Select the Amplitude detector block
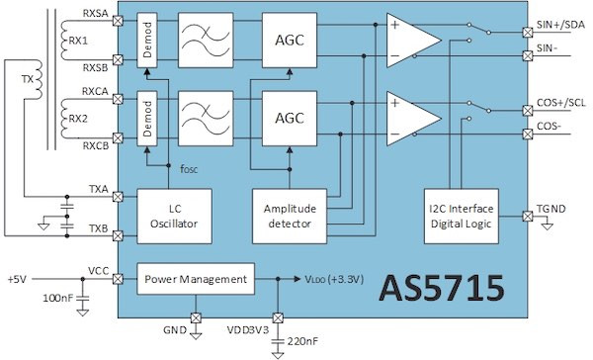click(288, 215)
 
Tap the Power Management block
click(196, 280)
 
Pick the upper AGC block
click(288, 40)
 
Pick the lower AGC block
click(288, 115)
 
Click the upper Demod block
click(147, 40)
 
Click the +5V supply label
click(19, 279)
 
